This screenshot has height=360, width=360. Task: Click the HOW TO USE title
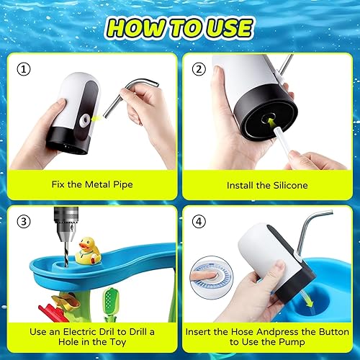click(x=180, y=27)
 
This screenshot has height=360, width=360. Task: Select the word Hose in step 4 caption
click(x=250, y=332)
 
